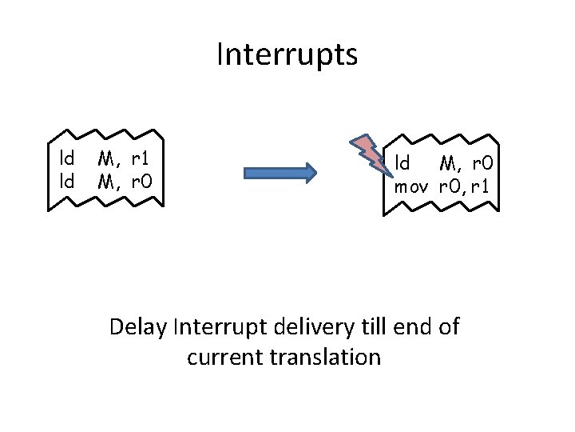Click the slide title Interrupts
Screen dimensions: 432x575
pos(287,55)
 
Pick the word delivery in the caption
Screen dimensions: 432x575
pos(307,327)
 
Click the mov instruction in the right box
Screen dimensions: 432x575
pos(412,188)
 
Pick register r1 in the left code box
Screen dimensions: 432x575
pos(141,157)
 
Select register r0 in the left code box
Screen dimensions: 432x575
pos(141,182)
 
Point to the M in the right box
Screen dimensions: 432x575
pos(448,164)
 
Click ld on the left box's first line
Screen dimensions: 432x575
pos(67,157)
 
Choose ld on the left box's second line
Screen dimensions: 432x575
pos(67,182)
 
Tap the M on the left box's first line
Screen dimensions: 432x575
pos(106,157)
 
